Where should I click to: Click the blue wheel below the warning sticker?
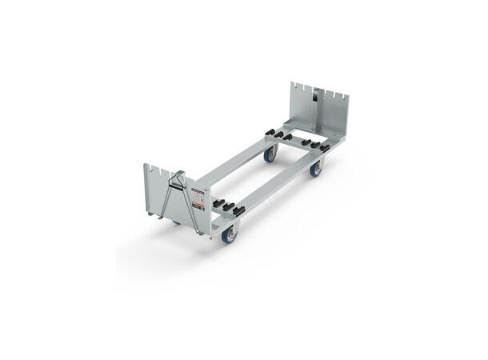coord(229,234)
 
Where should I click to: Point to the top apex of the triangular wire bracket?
coord(181,172)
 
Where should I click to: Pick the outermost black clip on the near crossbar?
coord(238,212)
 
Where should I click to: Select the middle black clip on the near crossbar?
coord(227,207)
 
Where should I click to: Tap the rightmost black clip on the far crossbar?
coord(324,147)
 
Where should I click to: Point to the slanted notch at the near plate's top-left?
coord(151,170)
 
